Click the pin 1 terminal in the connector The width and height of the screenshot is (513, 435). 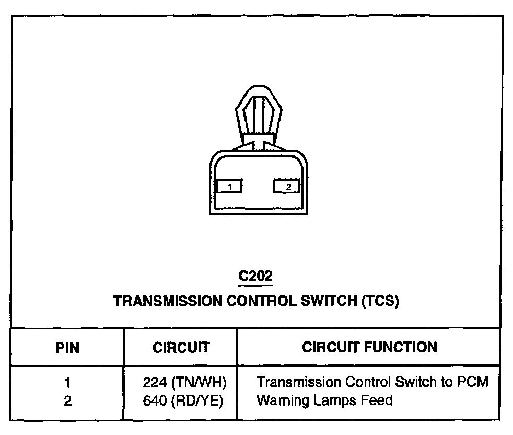(229, 186)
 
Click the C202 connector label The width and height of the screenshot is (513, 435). (255, 276)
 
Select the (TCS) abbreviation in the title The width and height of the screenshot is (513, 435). (380, 302)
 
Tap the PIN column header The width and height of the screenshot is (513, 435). (67, 348)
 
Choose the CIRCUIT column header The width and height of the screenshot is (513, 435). (181, 348)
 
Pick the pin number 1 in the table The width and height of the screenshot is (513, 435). (67, 383)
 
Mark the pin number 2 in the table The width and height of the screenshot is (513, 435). (67, 401)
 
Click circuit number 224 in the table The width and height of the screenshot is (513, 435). (154, 383)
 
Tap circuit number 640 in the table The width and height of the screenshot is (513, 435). (154, 401)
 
